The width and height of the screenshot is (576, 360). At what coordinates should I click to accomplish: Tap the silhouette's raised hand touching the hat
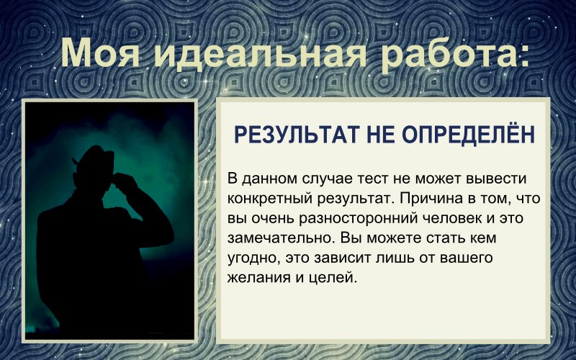coord(126,183)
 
